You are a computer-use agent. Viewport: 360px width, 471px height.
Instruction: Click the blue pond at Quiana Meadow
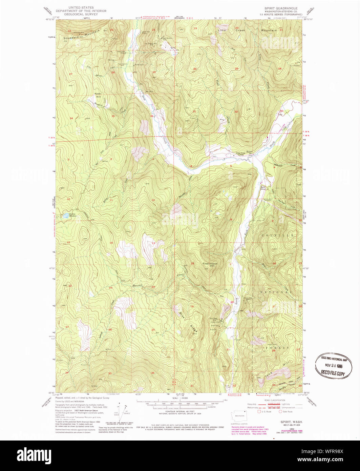point(64,216)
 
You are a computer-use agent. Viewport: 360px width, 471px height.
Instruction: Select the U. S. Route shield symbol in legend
point(259,412)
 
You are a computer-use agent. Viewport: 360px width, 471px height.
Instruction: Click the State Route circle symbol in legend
point(280,412)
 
